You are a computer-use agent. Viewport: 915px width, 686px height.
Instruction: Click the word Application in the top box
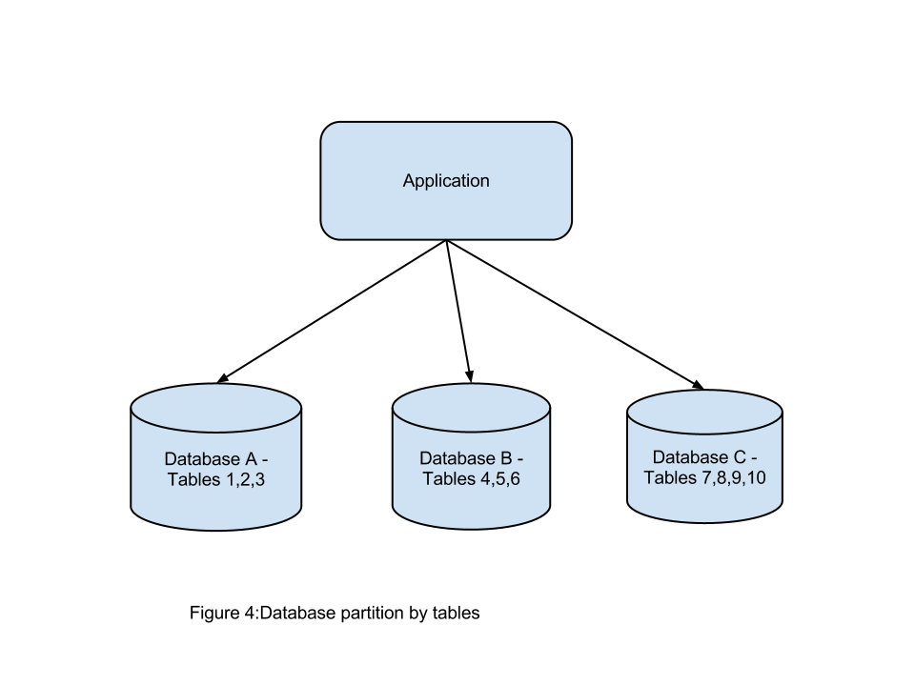pyautogui.click(x=446, y=181)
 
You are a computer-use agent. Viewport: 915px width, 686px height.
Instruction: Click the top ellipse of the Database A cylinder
pyautogui.click(x=216, y=407)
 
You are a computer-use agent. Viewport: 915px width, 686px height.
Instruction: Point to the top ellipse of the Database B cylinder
pyautogui.click(x=471, y=408)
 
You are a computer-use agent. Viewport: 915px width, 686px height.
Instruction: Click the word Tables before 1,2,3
pyautogui.click(x=194, y=479)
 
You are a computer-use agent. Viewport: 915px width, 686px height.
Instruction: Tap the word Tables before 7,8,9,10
pyautogui.click(x=670, y=477)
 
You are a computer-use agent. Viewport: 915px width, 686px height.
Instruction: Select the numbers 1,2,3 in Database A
pyautogui.click(x=245, y=479)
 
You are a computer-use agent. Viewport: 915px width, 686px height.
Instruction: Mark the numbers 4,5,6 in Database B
pyautogui.click(x=500, y=479)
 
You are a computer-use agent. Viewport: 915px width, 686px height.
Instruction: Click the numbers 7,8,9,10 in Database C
pyautogui.click(x=734, y=477)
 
